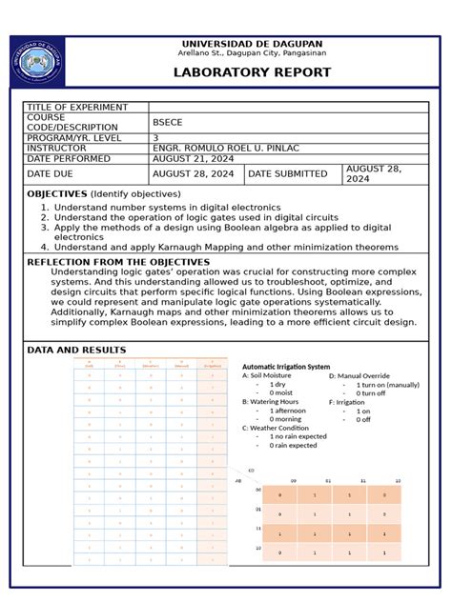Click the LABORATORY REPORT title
252,72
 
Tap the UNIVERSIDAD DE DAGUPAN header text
252,44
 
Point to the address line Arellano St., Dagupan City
252,54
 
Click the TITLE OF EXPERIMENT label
72,107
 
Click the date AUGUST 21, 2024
194,159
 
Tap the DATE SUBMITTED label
288,174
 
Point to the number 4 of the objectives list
44,247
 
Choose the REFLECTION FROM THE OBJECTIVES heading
118,261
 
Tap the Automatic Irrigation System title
286,367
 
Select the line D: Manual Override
360,376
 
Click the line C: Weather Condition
276,428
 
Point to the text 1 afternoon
288,411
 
